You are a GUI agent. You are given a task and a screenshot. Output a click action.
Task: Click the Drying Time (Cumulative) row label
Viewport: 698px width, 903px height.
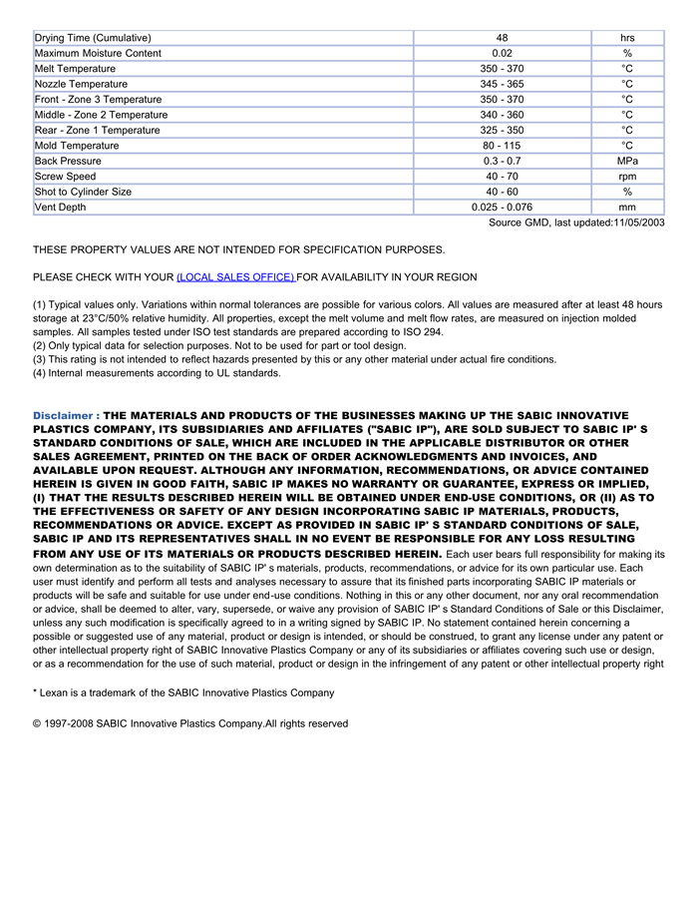click(x=93, y=38)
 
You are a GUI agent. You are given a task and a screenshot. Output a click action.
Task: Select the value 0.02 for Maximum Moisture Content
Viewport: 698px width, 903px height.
click(x=502, y=53)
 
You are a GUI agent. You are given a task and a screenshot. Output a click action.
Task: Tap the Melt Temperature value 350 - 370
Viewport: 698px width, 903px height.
click(x=502, y=69)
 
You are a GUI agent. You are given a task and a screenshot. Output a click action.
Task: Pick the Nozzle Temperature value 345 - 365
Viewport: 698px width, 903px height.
click(x=502, y=84)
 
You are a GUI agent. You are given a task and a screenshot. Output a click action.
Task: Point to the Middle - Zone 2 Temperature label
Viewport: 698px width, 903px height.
click(x=101, y=115)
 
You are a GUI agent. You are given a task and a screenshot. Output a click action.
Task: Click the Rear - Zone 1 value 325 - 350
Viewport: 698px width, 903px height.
click(x=502, y=131)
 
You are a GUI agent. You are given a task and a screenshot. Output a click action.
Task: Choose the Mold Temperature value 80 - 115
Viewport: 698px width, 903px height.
click(x=502, y=146)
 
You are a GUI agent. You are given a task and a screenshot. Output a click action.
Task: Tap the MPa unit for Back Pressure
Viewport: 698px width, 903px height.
click(x=627, y=161)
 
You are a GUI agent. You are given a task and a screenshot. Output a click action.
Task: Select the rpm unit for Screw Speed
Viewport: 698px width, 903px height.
click(x=627, y=177)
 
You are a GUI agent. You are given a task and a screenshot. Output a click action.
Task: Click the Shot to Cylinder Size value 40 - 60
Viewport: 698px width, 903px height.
click(x=502, y=192)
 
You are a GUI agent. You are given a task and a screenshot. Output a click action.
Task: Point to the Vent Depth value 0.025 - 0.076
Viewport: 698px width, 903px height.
click(x=502, y=208)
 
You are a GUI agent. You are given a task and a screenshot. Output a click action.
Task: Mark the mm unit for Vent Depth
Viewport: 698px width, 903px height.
click(x=627, y=208)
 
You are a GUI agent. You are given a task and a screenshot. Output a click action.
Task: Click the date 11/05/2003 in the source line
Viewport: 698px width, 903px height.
click(x=638, y=223)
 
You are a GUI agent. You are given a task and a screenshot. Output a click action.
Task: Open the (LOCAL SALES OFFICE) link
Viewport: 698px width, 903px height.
click(x=235, y=276)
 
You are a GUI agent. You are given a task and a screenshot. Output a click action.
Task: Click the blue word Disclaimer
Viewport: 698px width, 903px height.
click(x=63, y=415)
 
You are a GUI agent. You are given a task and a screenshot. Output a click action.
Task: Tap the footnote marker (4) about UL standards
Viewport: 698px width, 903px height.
click(x=40, y=373)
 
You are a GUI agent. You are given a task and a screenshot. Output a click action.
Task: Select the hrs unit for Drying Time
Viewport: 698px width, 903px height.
click(x=627, y=38)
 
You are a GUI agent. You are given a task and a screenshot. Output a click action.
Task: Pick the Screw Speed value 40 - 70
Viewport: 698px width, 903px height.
click(x=502, y=177)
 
